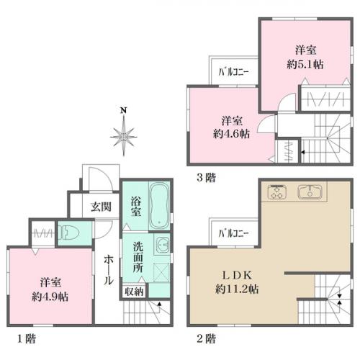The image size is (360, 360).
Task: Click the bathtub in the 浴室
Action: coord(159,207)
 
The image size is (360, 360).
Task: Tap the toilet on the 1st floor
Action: coord(69,233)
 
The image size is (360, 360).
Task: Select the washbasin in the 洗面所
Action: coord(163,246)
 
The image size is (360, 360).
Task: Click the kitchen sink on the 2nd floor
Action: coord(310,192)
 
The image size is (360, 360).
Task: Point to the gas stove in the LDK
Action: coord(277,192)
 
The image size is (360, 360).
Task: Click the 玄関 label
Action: coord(101,207)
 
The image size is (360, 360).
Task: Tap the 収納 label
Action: coord(134,292)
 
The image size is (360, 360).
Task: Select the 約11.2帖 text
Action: coord(237,289)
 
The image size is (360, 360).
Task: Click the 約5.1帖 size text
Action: coord(305,64)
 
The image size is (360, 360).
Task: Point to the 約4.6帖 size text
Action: coord(231,134)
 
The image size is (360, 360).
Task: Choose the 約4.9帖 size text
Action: coord(50,297)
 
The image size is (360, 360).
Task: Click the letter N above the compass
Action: coord(124,110)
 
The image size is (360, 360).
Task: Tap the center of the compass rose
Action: coord(124,137)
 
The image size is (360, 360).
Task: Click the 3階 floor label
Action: coord(206,178)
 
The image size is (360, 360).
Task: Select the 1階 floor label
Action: coord(27,339)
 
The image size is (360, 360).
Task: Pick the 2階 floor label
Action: coord(206,339)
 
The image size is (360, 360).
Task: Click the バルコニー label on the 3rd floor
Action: coord(233,72)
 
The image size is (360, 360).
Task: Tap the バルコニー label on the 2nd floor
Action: coord(233,233)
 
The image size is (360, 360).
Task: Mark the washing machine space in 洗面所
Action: coord(161,272)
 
